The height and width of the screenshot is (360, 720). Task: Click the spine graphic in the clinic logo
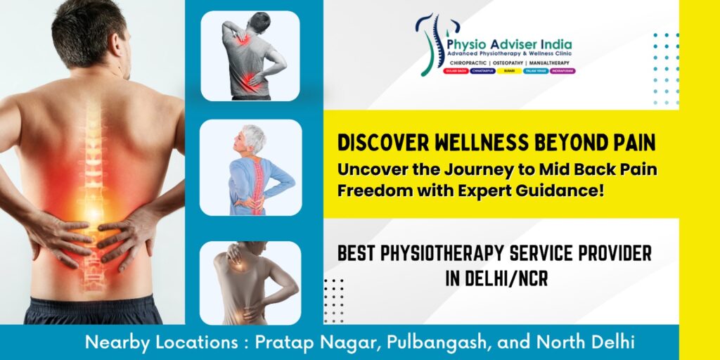click(x=427, y=44)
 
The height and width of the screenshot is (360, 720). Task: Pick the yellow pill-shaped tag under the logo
click(x=509, y=72)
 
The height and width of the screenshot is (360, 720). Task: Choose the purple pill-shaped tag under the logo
click(x=560, y=72)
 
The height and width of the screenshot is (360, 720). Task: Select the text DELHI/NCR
click(x=507, y=278)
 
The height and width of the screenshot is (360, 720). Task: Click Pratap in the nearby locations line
click(x=283, y=343)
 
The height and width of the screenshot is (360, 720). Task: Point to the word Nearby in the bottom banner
click(x=112, y=343)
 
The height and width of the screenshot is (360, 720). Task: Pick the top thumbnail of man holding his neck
click(x=251, y=56)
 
